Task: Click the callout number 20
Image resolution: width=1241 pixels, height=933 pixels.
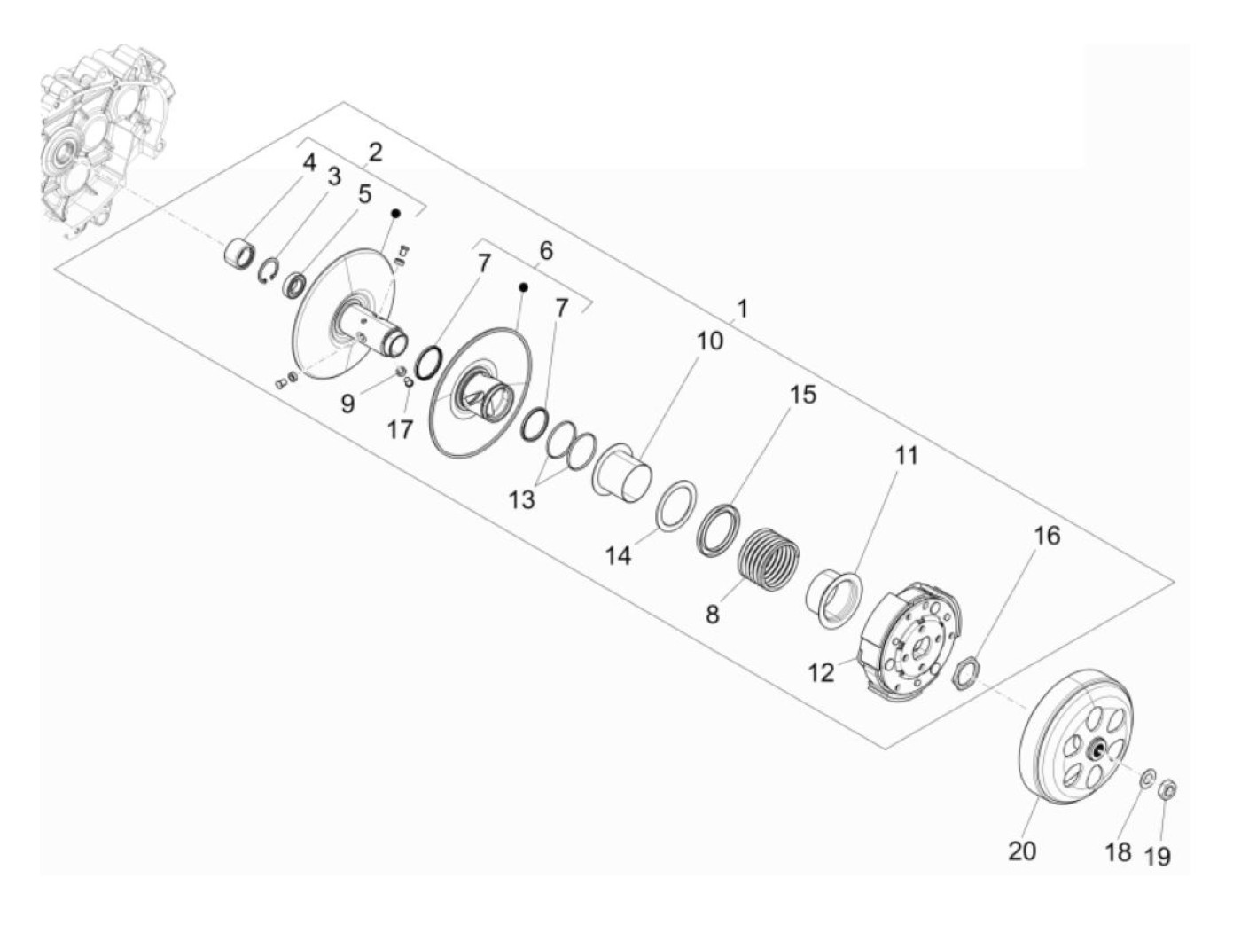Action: (x=1021, y=851)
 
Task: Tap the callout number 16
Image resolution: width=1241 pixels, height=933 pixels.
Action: (x=1047, y=535)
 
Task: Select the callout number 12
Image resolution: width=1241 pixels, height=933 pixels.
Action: (x=822, y=672)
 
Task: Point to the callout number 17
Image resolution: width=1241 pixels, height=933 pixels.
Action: (x=400, y=429)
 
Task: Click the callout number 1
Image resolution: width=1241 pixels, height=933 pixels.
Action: (x=742, y=309)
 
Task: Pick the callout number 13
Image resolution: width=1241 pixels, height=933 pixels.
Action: (x=522, y=499)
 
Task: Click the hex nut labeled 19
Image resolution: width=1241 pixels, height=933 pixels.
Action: (x=1168, y=788)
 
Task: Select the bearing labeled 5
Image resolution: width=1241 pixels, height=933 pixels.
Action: (x=294, y=286)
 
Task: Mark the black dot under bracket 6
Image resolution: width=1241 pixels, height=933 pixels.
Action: (x=523, y=287)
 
